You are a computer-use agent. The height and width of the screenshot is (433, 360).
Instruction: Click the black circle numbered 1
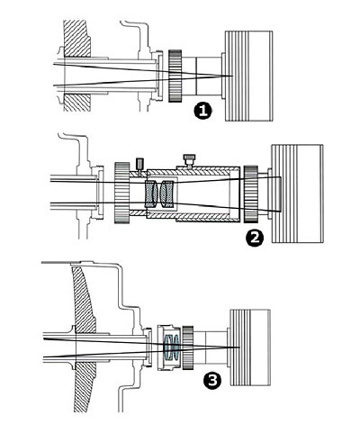coord(203,111)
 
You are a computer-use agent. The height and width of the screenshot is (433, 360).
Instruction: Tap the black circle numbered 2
coord(255,238)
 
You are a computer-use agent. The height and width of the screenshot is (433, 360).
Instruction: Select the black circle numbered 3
coord(212,381)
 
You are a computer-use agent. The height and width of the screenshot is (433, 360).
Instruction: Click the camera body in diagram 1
coord(248,76)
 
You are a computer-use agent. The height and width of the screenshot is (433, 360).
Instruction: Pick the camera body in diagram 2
coord(297,194)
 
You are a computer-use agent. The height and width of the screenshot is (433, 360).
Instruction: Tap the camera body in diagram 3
coord(250,347)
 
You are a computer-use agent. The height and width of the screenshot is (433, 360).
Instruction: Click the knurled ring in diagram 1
coord(175,76)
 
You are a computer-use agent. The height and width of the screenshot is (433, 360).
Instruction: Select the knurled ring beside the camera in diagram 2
coord(251,194)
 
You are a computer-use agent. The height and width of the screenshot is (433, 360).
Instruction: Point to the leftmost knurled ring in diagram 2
coord(121,193)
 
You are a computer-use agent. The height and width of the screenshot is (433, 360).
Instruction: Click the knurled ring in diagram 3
coord(187,347)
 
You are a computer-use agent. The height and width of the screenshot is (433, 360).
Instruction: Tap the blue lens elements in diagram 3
coord(172,347)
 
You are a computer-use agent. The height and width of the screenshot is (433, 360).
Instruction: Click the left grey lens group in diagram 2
coord(151,194)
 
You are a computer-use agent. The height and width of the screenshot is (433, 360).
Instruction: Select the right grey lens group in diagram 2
coord(166,194)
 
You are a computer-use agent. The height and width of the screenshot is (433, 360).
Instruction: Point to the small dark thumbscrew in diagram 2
coord(139,164)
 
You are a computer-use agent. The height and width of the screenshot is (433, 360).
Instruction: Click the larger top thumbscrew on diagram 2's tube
coord(189,160)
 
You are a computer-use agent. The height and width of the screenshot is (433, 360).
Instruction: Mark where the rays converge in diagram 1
coord(232,76)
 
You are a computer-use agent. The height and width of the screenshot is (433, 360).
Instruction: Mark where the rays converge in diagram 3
coord(239,347)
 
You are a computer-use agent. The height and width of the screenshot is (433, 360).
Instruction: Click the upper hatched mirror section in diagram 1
coord(77,39)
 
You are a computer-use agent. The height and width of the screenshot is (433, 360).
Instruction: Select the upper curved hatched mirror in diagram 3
coord(84,300)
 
